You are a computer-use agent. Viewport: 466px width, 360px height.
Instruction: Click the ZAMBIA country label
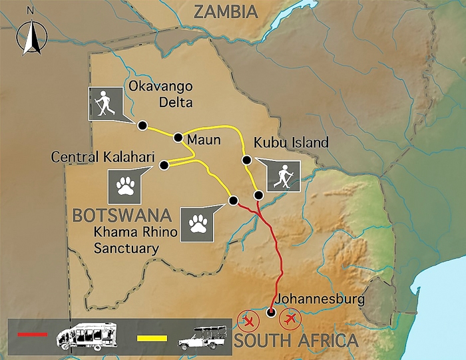coord(224,11)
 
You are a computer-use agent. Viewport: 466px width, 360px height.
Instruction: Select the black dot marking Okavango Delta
coord(141,125)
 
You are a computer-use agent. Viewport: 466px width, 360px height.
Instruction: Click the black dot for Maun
coord(178,138)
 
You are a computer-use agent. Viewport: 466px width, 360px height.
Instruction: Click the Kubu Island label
coord(291,142)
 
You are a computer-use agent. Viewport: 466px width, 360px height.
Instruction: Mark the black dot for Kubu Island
coord(246,159)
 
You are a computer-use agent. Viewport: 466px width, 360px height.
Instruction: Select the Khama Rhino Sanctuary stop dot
coord(233,200)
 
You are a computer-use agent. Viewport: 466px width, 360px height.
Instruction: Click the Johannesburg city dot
coord(270,313)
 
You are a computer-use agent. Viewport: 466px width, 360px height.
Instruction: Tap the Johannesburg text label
coord(319,299)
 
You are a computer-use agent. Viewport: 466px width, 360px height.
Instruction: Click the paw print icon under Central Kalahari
coord(124,187)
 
